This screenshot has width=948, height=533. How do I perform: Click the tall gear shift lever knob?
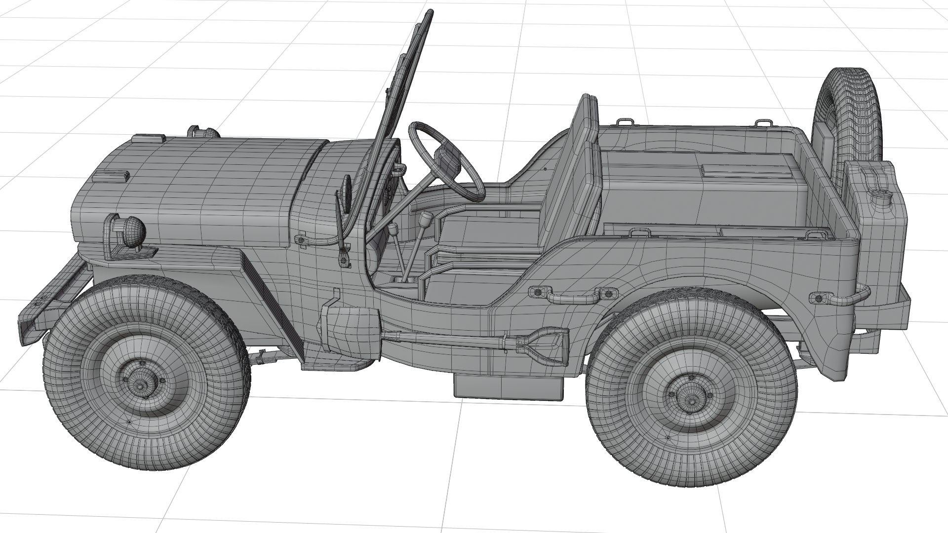tap(425, 218)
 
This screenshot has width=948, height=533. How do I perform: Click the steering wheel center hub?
tap(447, 158)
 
